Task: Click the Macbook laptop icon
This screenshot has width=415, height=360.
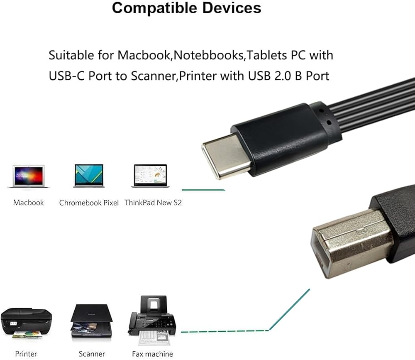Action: pos(29,176)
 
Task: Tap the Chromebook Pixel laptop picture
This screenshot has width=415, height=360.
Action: pos(89,176)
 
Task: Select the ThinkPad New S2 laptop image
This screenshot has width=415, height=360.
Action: pos(150,176)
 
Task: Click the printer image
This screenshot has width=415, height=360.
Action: pos(26,323)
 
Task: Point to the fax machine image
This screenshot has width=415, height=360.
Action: pos(152,320)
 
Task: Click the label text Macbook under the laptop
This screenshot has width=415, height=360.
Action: pos(28,203)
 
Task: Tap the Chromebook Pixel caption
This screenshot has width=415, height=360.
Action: pos(89,203)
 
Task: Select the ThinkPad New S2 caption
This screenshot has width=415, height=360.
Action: pos(153,203)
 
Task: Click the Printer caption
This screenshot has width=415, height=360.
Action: pos(26,354)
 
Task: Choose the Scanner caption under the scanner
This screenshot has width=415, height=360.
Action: pos(92,354)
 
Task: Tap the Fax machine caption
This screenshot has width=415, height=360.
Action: pos(152,354)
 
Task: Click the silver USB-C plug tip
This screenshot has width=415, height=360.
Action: pos(225,156)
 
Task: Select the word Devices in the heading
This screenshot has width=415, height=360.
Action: pos(232,8)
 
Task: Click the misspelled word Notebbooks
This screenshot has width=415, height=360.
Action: pos(209,55)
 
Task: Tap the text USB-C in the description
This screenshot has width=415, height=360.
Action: pos(67,76)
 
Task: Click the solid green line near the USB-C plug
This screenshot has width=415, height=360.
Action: pos(203,190)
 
